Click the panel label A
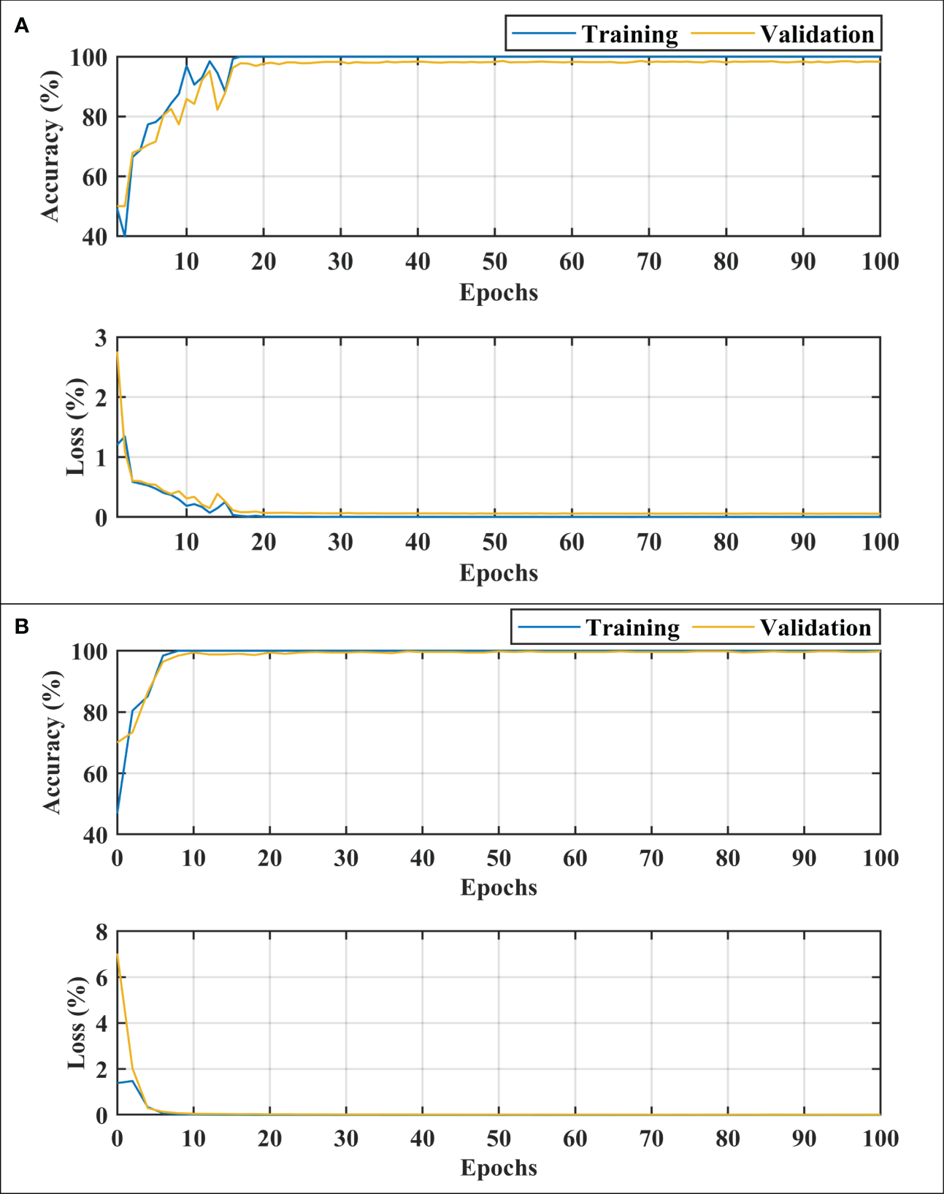tap(22, 26)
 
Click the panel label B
tap(22, 627)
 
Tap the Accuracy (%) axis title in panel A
tap(50, 146)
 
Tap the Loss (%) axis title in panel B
tap(77, 1023)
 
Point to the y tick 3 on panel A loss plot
tap(100, 338)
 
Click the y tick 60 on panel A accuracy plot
tap(88, 177)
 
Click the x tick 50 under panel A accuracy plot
tap(494, 261)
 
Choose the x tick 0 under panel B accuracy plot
tap(117, 858)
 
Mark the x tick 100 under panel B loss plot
tap(880, 1138)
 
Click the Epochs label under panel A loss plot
tap(499, 573)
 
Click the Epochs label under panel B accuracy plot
tap(499, 887)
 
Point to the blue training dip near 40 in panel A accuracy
tap(125, 235)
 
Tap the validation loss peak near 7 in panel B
tap(118, 955)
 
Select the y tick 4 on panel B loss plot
tap(101, 1024)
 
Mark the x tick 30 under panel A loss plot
tap(340, 542)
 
